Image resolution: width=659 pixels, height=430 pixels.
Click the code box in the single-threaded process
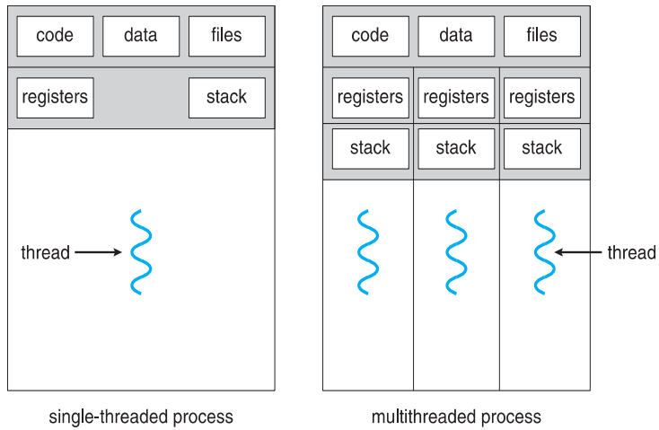(x=55, y=36)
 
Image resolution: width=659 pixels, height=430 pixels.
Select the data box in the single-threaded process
(x=141, y=36)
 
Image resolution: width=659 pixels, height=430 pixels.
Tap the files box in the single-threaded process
(x=227, y=36)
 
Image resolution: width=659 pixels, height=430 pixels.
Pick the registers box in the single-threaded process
(x=55, y=98)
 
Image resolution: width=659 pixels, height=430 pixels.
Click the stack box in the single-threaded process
(x=227, y=98)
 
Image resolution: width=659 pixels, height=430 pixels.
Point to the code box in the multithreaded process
(x=370, y=36)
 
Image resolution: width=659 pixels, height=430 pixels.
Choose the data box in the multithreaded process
(x=456, y=36)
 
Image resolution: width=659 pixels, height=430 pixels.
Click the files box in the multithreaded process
(x=542, y=36)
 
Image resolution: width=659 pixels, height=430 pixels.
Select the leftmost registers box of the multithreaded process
(x=370, y=98)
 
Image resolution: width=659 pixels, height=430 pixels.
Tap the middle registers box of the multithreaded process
(x=456, y=98)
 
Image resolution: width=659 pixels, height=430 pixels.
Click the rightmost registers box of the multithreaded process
(x=542, y=98)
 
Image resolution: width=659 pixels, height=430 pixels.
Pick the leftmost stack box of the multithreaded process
(x=370, y=149)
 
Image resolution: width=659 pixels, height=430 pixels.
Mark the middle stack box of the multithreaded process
(x=456, y=149)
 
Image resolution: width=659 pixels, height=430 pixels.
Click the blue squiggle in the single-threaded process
(x=141, y=252)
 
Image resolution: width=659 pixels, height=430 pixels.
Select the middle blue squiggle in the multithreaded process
(x=456, y=252)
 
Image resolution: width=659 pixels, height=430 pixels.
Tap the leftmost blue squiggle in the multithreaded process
(x=368, y=252)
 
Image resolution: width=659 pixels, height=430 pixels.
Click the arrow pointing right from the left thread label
(x=99, y=252)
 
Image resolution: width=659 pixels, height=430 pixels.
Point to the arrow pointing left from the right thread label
(x=578, y=252)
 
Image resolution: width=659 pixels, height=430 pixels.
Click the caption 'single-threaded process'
(x=141, y=417)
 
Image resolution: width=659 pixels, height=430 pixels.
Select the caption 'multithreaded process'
(x=456, y=417)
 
